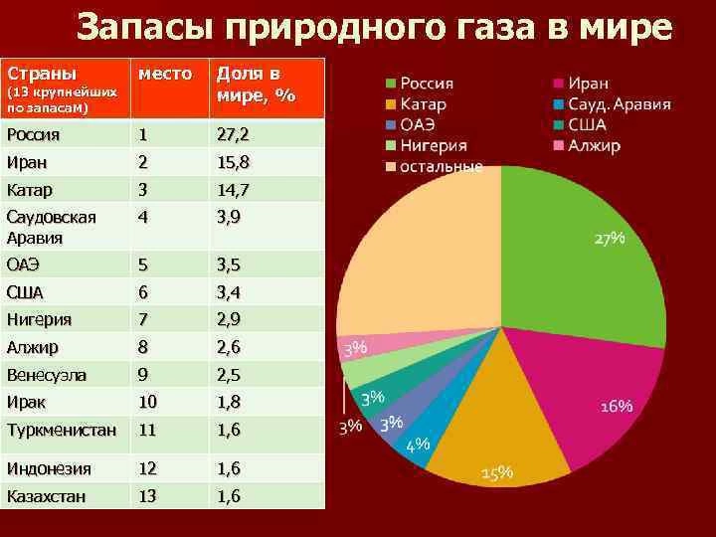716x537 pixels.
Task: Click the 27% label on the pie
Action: tap(610, 239)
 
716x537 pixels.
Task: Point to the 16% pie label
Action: tap(617, 407)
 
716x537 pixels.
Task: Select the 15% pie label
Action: tap(497, 473)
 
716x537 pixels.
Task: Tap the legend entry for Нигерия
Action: tap(435, 145)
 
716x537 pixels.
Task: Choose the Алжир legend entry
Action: tap(594, 145)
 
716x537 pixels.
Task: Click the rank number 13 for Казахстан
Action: tap(148, 494)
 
